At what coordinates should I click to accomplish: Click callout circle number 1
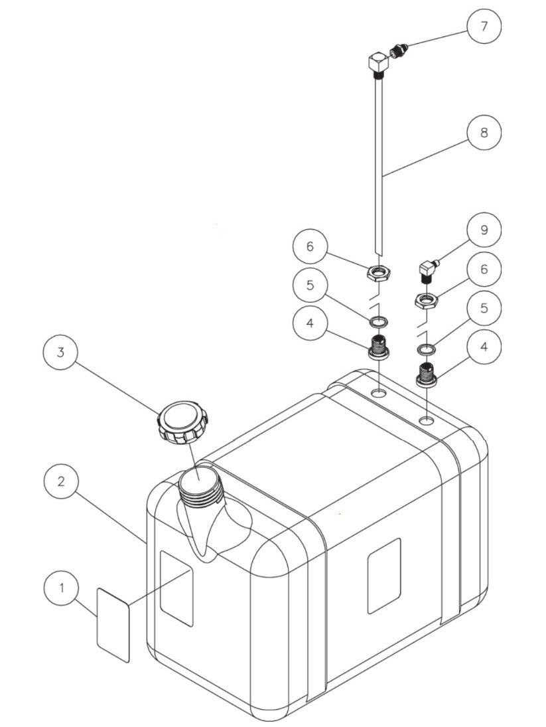[x=62, y=588]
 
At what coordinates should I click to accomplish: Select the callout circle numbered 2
[x=61, y=481]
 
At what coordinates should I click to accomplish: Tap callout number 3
[x=61, y=353]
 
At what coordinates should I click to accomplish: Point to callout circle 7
[x=483, y=27]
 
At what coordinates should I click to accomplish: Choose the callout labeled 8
[x=483, y=132]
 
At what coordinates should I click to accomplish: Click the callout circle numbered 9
[x=483, y=229]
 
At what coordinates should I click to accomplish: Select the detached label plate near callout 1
[x=113, y=624]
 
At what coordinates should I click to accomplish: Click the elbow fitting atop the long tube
[x=378, y=64]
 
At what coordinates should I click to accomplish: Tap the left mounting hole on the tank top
[x=379, y=394]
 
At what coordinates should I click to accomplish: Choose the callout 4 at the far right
[x=483, y=346]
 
